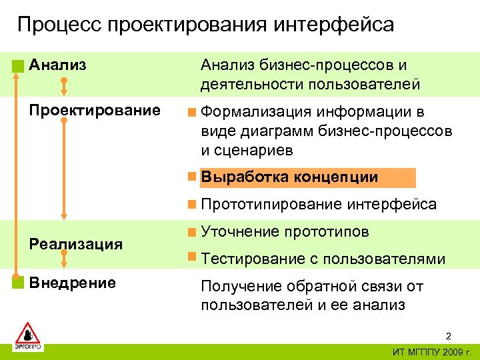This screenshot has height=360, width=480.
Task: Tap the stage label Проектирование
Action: pos(95,110)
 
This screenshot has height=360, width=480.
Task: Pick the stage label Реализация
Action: pos(75,244)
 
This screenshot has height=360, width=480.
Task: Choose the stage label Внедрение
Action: pos(73,283)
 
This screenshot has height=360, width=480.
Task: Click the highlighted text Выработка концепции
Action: pos(289,177)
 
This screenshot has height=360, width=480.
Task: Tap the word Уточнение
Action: pos(240,232)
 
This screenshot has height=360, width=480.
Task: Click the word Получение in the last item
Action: pos(241,287)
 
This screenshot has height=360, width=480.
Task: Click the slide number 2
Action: pos(449,335)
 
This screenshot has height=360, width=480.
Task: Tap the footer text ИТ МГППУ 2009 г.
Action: pos(431,351)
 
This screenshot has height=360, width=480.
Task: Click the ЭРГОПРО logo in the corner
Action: pos(28,337)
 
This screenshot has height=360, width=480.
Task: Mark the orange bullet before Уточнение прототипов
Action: pos(192,233)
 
